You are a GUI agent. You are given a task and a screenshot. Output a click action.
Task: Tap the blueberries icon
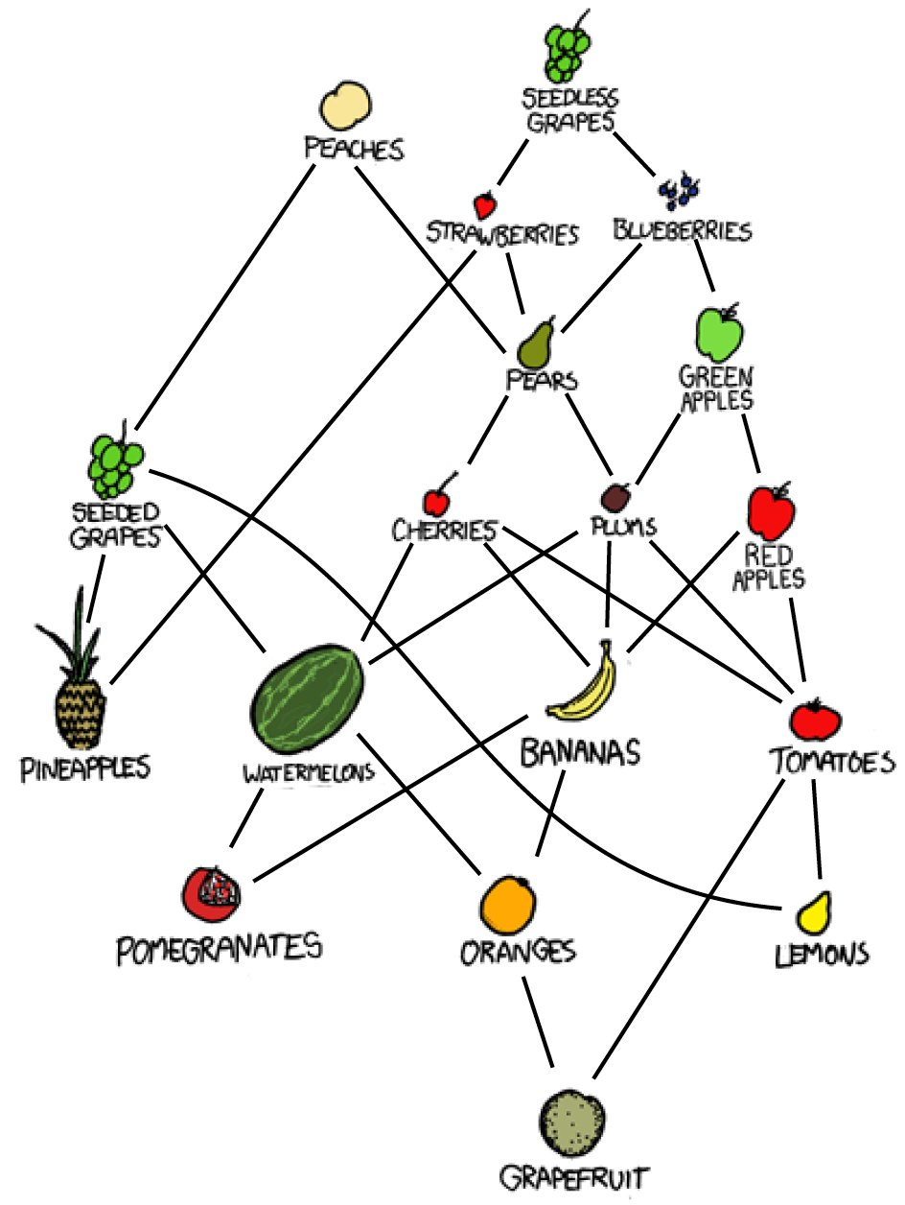(680, 192)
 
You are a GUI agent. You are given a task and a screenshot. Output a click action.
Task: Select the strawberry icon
(486, 204)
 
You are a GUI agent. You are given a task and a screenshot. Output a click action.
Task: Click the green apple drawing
(719, 332)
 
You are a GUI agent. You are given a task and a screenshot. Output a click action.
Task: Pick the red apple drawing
(772, 511)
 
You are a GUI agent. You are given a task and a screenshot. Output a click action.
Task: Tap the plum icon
(615, 497)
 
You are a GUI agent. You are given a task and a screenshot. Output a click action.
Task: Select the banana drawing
(583, 684)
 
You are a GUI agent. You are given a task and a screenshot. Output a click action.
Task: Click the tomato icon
(815, 718)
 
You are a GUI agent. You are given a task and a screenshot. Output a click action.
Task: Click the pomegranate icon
(212, 892)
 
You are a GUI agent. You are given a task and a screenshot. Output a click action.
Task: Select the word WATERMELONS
(308, 771)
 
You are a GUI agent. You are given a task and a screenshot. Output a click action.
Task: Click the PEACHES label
(354, 149)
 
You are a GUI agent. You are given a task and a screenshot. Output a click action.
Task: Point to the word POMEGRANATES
(219, 948)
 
